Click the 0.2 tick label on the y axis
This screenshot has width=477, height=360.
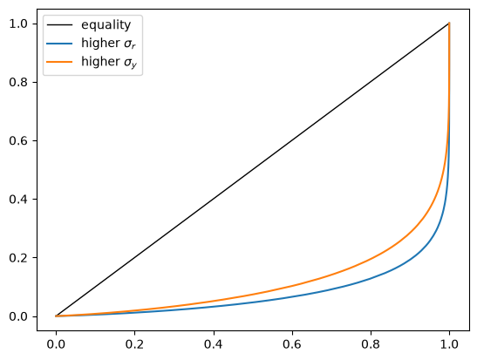click(19, 258)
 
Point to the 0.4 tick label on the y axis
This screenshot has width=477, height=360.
click(19, 200)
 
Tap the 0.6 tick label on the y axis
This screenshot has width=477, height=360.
click(19, 141)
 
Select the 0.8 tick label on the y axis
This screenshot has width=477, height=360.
click(19, 83)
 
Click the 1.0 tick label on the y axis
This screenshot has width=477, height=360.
click(19, 24)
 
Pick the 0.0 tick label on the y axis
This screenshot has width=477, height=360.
click(19, 316)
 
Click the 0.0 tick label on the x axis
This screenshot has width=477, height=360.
click(56, 344)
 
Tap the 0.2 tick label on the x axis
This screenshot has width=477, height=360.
click(135, 344)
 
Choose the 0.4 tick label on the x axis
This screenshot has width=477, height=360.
click(214, 344)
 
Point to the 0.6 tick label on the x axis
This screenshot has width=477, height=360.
click(292, 344)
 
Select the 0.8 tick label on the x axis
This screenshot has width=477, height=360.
click(371, 344)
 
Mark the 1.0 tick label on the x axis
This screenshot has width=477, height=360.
click(449, 344)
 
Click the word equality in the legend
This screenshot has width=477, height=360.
click(106, 25)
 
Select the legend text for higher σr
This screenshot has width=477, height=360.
click(108, 44)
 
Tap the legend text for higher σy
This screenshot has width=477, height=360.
click(109, 62)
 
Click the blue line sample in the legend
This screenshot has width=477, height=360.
click(59, 44)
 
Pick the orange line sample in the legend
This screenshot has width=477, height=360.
click(59, 62)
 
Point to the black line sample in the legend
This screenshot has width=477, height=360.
click(59, 25)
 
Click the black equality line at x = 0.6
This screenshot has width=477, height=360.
click(292, 141)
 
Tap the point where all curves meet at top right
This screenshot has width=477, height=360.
click(449, 24)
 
